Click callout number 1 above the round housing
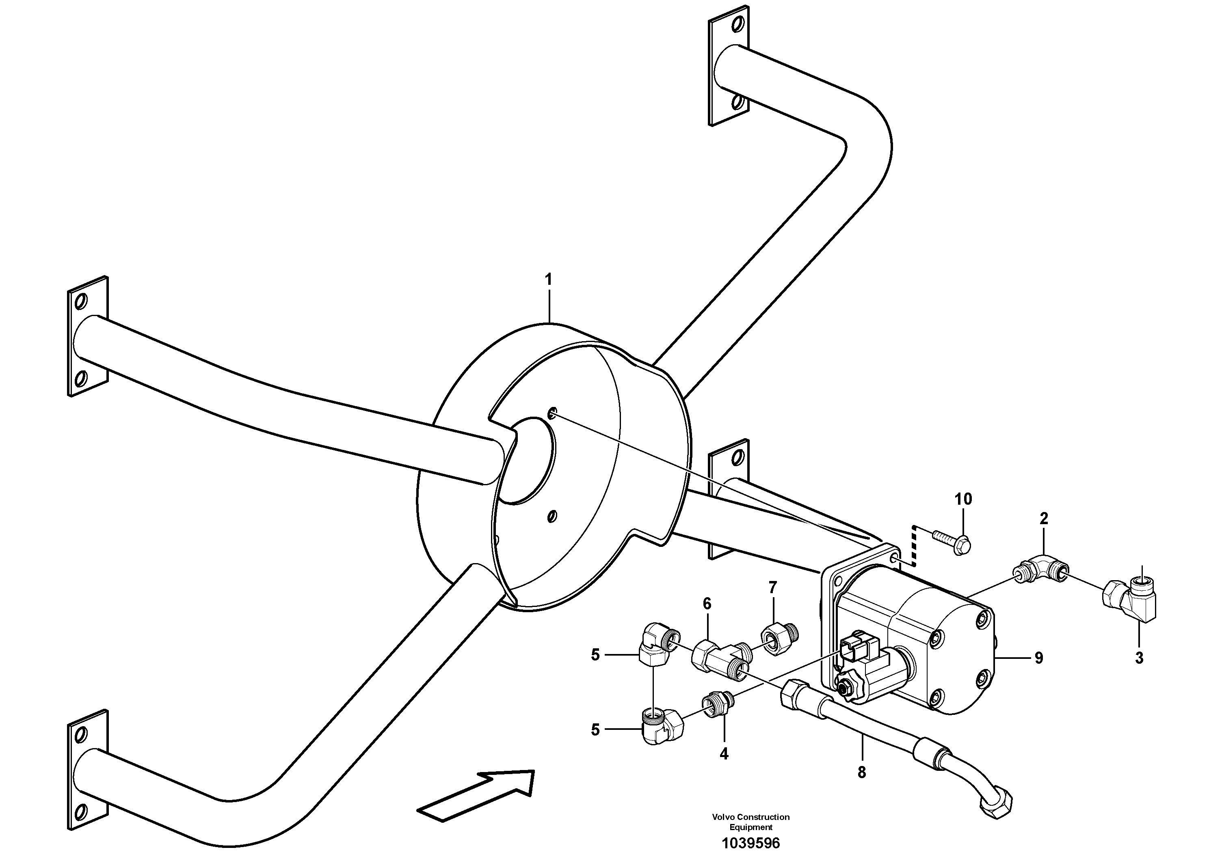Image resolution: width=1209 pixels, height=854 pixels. (549, 280)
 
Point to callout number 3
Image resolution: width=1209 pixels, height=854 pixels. (1139, 658)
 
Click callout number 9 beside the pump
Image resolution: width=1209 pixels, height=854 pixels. (1038, 658)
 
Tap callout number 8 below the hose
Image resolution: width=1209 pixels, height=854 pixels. (861, 772)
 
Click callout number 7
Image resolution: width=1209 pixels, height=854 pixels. (772, 587)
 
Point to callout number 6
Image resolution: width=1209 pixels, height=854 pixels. (707, 604)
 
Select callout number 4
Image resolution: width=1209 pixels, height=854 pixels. (724, 753)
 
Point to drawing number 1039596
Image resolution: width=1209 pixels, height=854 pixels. (750, 842)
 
